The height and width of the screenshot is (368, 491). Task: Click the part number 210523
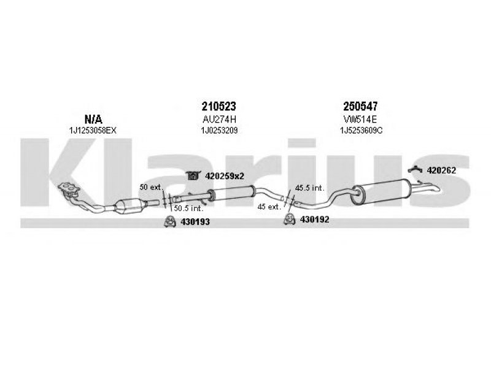218,106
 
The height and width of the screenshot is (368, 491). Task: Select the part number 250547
360,106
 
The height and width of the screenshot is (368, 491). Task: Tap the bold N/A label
93,119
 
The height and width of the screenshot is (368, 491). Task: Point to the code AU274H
219,119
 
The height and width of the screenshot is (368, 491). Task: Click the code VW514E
360,119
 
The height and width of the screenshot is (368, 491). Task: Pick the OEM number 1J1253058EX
93,131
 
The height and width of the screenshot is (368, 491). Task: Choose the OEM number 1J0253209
219,131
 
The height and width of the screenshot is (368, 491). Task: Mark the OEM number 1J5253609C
361,131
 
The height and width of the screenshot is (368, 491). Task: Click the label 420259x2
225,177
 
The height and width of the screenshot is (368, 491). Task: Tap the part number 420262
441,171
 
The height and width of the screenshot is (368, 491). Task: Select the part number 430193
195,222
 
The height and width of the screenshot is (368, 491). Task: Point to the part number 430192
314,220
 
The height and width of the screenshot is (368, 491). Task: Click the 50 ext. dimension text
150,188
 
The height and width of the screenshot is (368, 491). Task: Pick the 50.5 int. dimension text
188,208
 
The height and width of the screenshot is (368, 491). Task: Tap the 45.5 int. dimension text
310,188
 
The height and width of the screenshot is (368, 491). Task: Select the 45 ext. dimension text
269,207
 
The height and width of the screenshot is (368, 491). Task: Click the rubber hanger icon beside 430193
169,222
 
